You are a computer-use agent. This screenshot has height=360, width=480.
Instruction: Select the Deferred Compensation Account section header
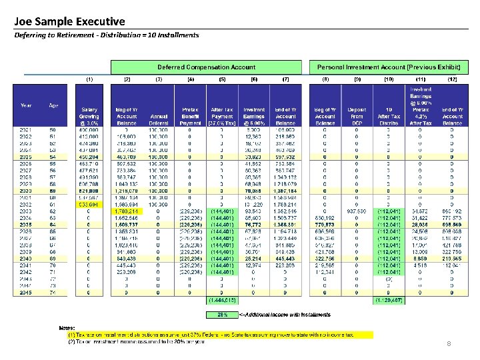pos(206,67)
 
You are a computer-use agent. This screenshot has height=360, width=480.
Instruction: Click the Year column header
pos(26,105)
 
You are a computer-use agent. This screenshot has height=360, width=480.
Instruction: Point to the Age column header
pos(53,105)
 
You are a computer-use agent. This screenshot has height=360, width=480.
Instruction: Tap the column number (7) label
pos(285,79)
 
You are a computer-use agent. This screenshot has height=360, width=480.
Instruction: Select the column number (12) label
pos(452,79)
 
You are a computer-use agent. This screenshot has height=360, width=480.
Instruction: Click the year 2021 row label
pos(26,129)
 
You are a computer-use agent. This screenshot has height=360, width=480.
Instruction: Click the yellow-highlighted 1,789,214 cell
pos(127,211)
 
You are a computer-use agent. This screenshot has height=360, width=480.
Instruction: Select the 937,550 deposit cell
pos(356,211)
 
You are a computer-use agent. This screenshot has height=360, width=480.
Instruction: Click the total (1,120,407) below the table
pos(388,300)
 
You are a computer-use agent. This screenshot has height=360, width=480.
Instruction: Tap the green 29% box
pos(223,315)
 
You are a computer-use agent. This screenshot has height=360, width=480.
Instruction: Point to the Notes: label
pos(67,327)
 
